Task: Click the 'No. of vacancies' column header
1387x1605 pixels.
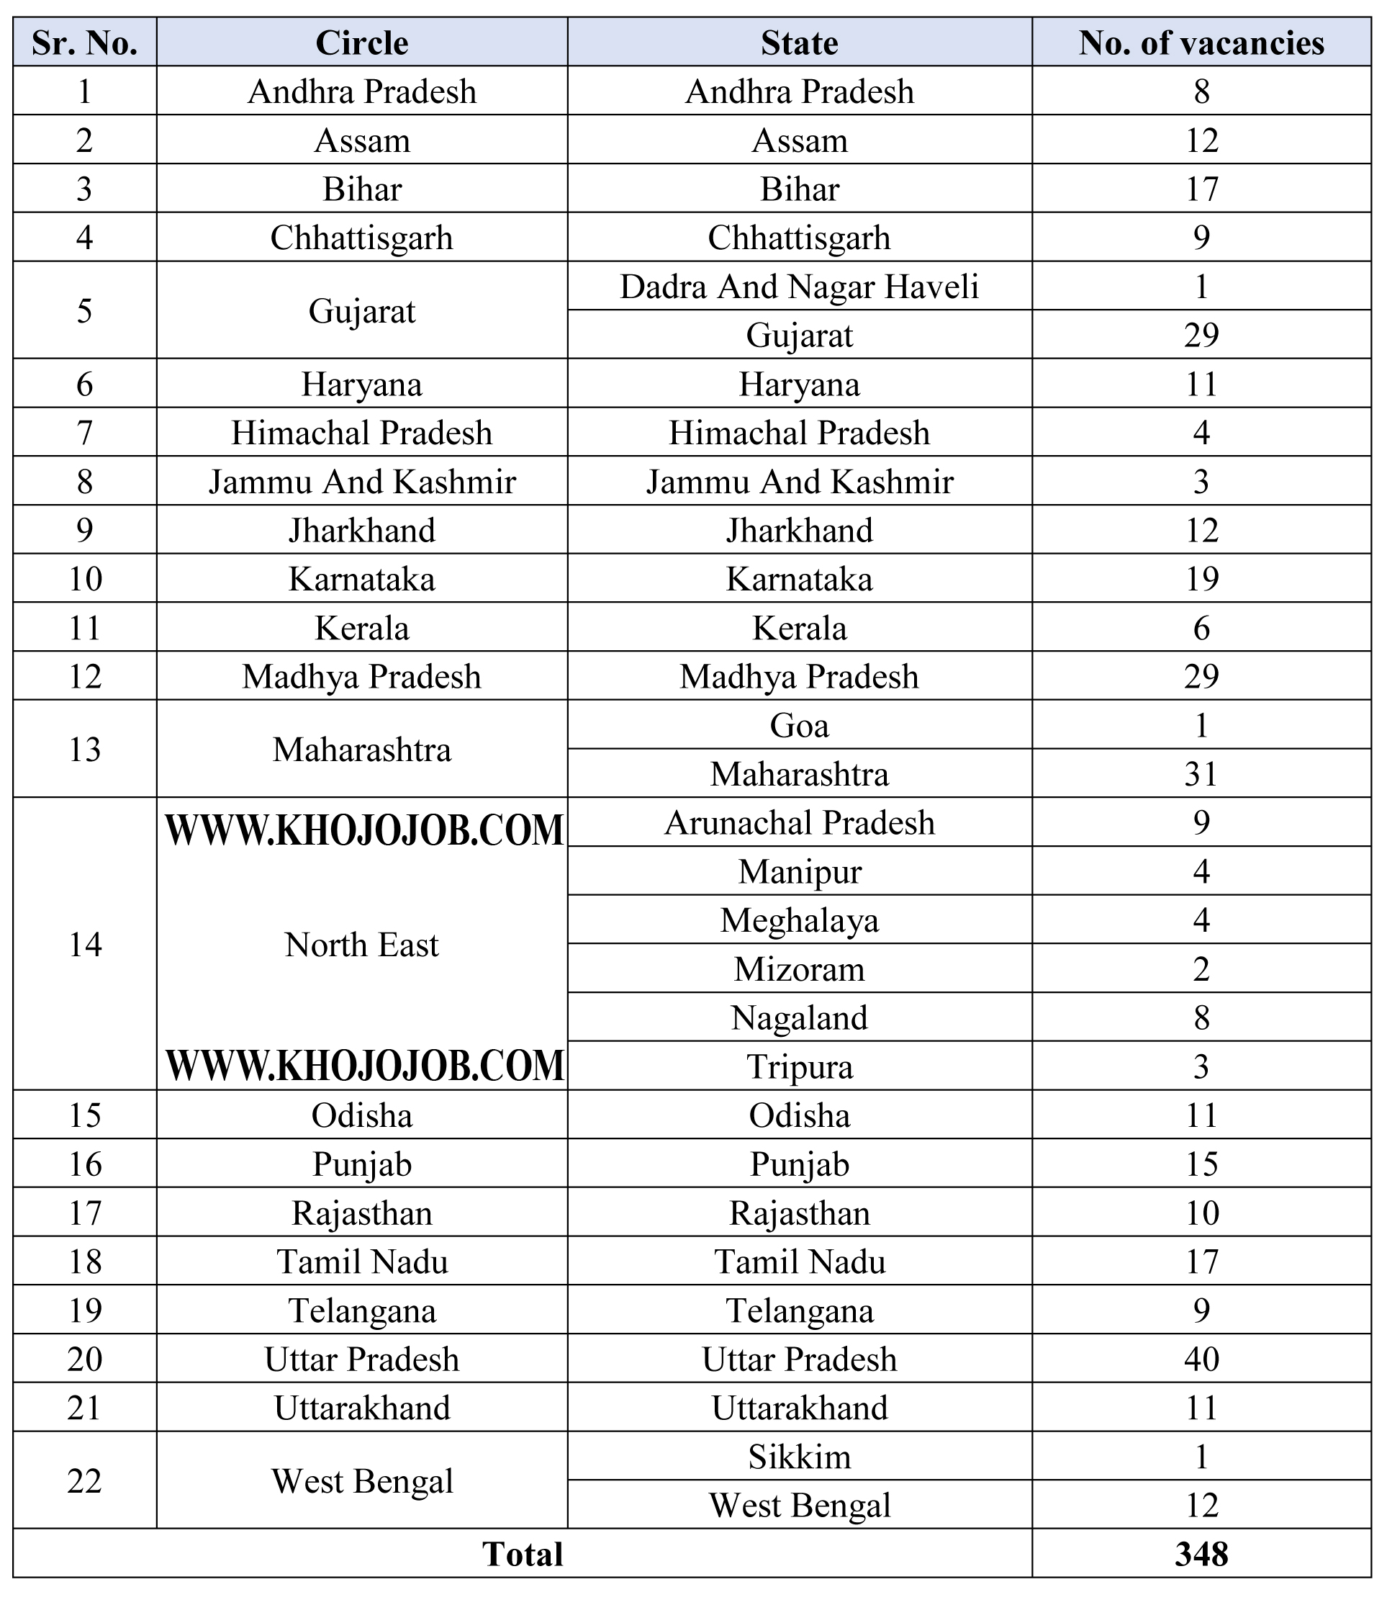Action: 1201,42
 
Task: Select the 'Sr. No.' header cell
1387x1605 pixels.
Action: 84,42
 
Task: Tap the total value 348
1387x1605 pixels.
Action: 1201,1554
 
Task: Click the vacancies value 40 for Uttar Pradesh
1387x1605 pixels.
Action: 1201,1359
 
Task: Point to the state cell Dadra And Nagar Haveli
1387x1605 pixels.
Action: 799,287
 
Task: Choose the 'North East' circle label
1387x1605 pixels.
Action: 361,945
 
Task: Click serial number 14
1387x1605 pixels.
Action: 84,945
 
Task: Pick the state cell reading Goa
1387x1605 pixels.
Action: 799,726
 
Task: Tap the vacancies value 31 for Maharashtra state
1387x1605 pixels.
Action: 1201,774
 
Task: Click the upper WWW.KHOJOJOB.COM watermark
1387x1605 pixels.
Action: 365,830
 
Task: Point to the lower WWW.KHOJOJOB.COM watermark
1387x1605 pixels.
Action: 365,1065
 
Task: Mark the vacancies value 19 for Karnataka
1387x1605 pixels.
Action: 1201,579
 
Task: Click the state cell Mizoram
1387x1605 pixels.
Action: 799,969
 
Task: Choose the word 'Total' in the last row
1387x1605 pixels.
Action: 523,1554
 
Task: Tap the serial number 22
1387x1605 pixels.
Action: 84,1481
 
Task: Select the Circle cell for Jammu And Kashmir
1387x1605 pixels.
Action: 361,482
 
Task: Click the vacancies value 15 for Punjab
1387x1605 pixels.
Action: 1201,1164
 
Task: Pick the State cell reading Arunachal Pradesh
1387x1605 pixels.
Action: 799,822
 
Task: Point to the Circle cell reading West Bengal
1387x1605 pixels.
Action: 361,1481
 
